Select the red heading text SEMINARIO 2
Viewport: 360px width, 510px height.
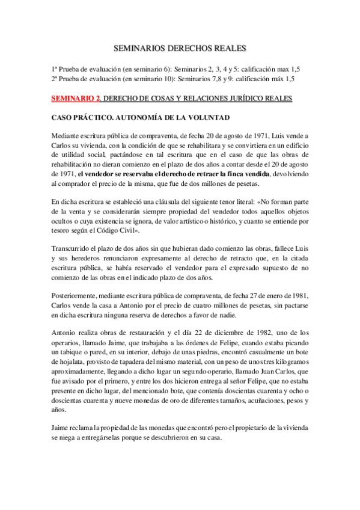[x=75, y=97]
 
